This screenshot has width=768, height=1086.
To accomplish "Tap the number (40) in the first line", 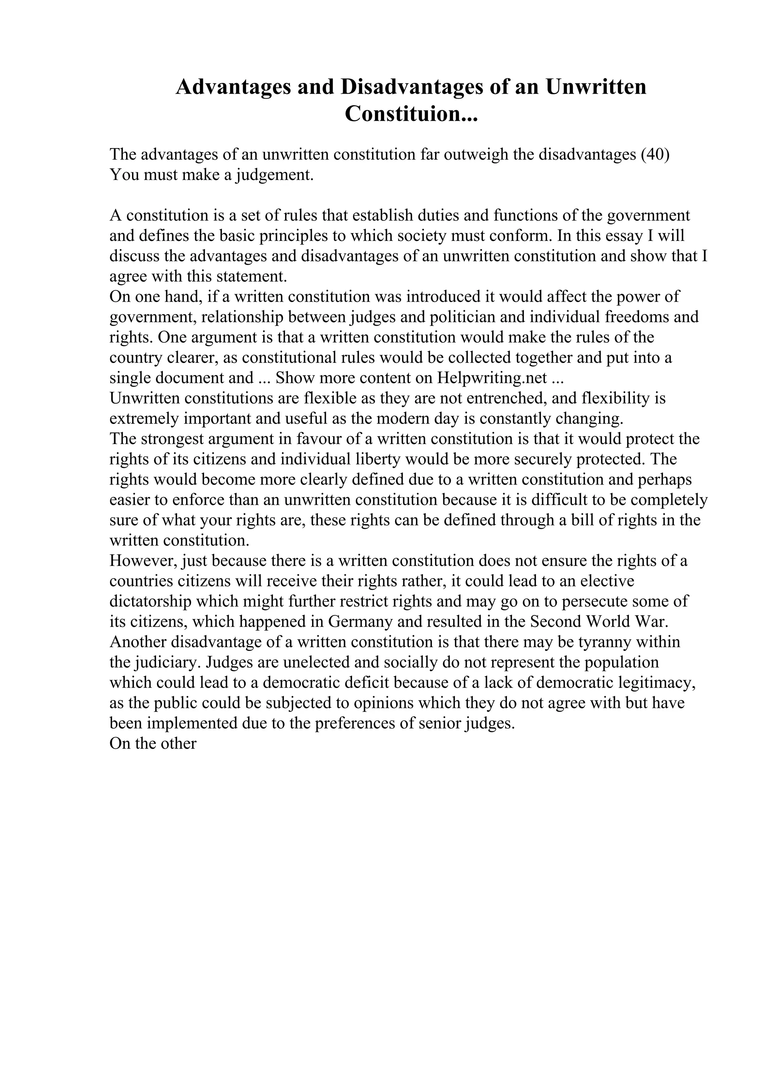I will point(655,155).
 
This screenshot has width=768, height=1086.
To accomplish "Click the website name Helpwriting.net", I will point(492,378).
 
